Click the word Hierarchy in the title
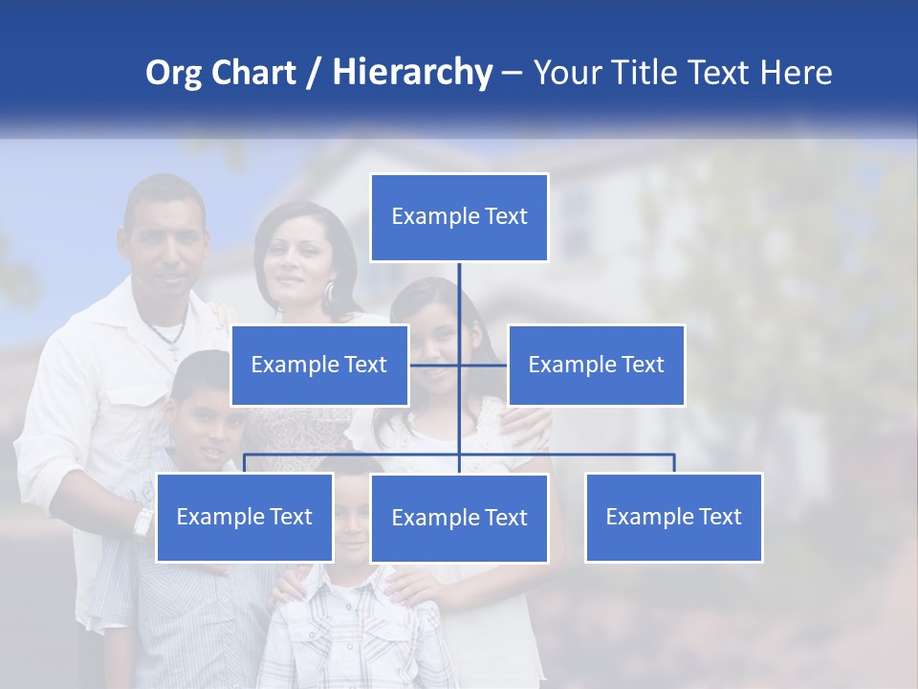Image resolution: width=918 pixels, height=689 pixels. [412, 72]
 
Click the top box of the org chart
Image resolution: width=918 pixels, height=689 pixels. [459, 217]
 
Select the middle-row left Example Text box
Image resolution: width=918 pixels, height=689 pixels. [319, 365]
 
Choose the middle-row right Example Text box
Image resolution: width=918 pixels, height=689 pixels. [596, 365]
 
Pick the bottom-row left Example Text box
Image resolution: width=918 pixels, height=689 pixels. [244, 517]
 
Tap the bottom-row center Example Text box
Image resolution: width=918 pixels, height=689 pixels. [459, 518]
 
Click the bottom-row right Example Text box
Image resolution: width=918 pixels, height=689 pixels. [673, 517]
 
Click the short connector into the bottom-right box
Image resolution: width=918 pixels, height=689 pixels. [673, 463]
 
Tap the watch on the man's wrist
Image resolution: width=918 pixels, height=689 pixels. [143, 522]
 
